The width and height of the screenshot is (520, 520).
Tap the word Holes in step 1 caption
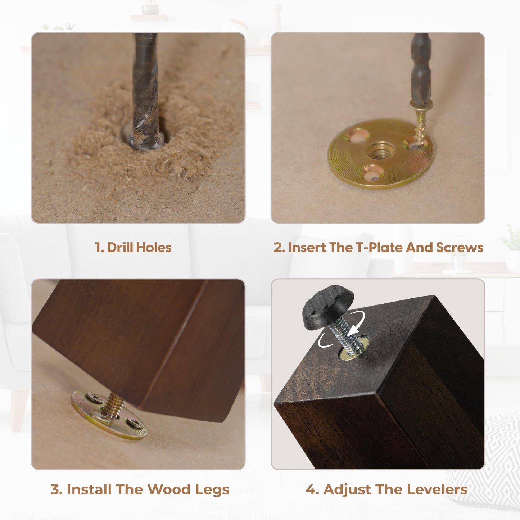coord(154,248)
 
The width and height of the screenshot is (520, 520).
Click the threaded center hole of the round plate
coord(381,152)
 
